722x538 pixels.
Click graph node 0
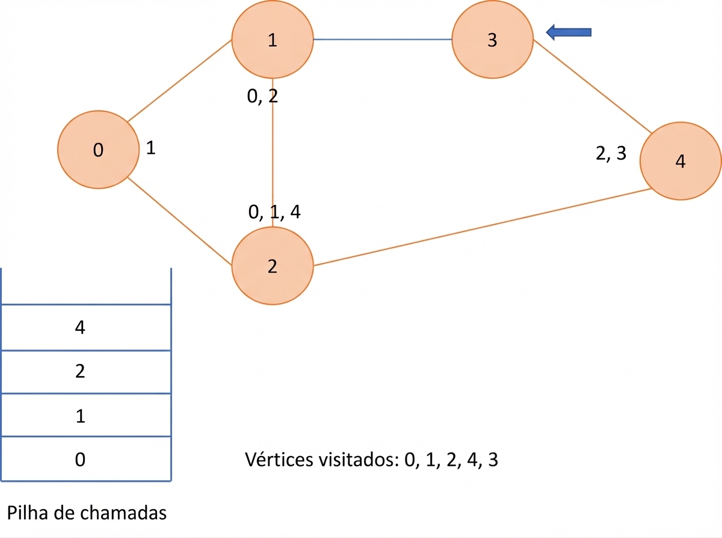coord(98,149)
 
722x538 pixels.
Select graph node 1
coord(273,39)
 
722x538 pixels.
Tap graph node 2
coord(273,266)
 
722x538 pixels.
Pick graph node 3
coord(493,39)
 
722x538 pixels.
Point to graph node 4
coord(680,161)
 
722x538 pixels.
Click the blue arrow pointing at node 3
coord(569,33)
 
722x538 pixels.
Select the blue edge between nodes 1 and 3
coord(383,39)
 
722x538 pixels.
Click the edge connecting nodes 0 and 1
coord(179,81)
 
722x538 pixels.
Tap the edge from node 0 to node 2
coord(179,221)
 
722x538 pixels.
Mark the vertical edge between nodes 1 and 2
coord(273,152)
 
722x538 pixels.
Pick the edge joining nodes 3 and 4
coord(593,86)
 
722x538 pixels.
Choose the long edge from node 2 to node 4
coord(483,227)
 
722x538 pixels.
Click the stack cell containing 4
coord(86,328)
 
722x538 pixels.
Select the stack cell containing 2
coord(86,372)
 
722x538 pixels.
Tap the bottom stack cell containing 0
coord(86,458)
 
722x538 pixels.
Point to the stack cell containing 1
coord(86,414)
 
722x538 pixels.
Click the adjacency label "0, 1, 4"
coord(274,212)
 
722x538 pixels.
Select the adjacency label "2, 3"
coord(611,153)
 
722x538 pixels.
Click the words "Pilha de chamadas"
coord(87,513)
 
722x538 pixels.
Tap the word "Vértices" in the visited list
coord(280,460)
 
